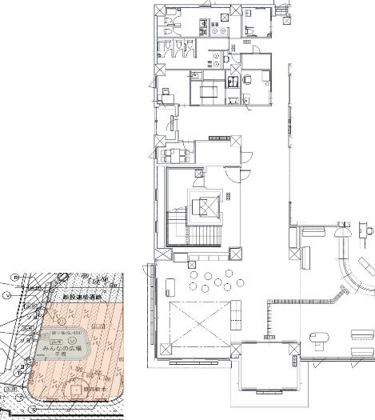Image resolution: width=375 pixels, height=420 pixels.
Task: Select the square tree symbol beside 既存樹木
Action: [76, 391]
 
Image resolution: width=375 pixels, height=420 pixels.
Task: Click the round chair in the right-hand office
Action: [249, 78]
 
